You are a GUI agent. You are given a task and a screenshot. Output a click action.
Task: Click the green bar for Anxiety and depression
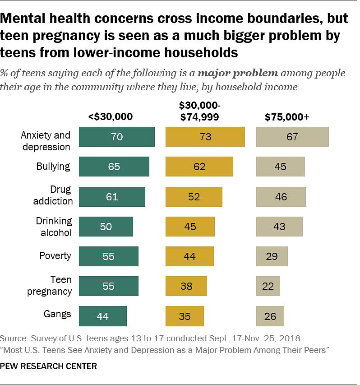coord(116,137)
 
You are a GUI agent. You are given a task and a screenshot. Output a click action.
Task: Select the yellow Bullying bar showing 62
coord(199,167)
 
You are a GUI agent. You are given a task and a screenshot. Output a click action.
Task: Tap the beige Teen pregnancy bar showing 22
coord(268,286)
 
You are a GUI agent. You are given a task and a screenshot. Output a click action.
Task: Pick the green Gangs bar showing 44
coord(103,316)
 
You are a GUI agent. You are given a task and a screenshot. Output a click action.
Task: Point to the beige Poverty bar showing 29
coord(272,256)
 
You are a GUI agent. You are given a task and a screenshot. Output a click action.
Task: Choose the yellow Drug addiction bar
coord(194,196)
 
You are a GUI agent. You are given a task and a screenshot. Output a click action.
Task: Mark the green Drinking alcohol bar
coord(106,226)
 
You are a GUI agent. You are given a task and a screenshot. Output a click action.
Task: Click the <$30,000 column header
coord(111,116)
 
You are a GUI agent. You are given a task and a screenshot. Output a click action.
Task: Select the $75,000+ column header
coord(286,116)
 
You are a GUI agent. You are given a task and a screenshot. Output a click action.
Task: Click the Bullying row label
coord(53,167)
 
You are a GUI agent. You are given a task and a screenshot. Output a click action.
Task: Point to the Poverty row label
coord(55,256)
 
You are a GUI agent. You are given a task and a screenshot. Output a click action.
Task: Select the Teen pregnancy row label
coord(50,286)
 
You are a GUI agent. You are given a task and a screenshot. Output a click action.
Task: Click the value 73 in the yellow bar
coord(205,137)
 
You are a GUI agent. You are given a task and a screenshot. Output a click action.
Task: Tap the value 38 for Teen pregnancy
coord(186,286)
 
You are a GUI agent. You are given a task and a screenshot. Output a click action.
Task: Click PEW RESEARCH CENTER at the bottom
coord(49,366)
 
